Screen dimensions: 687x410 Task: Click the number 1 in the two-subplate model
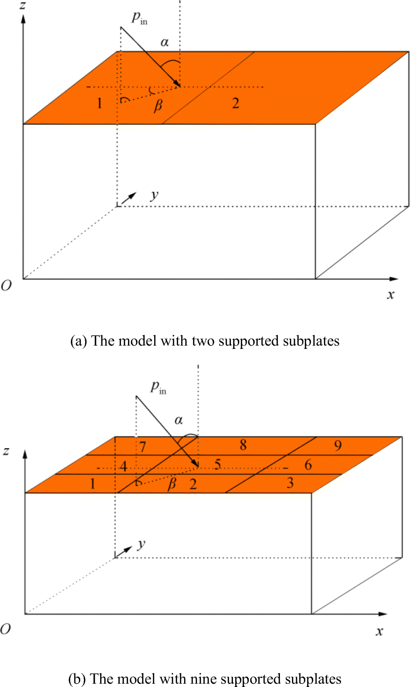coord(99,103)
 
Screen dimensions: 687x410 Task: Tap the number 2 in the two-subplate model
coord(236,103)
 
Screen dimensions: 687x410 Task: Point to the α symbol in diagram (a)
coord(164,42)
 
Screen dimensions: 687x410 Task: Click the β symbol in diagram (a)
coord(158,106)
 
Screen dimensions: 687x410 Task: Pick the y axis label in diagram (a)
coord(155,195)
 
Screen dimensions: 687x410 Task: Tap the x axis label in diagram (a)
coord(390,295)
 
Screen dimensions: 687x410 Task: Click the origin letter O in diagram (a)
coord(6,286)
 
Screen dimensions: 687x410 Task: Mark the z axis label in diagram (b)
coord(6,451)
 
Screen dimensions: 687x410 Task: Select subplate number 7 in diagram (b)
coord(142,447)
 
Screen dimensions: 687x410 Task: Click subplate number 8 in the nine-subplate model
coord(243,445)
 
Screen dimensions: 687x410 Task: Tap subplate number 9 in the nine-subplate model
coord(338,446)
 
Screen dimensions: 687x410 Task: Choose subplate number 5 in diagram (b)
coord(217,464)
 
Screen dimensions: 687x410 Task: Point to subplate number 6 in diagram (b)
coord(308,465)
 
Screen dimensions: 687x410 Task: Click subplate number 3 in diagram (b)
coord(290,483)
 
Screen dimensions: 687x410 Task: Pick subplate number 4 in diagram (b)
coord(123,466)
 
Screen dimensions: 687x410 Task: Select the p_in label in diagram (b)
coord(158,387)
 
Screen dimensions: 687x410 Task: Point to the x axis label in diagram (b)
coord(379,631)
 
